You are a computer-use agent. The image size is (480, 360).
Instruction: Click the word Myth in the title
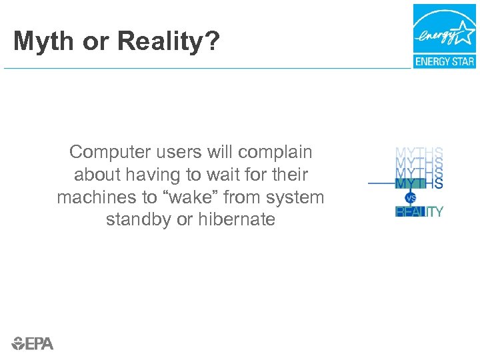[x=41, y=42]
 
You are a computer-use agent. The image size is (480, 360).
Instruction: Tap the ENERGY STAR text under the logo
[x=445, y=61]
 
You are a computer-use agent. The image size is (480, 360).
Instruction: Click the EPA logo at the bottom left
[x=32, y=343]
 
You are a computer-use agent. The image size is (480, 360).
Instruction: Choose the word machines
[x=93, y=197]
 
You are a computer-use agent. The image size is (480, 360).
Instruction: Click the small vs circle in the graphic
[x=410, y=198]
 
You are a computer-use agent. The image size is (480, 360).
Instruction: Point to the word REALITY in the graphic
[x=419, y=212]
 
